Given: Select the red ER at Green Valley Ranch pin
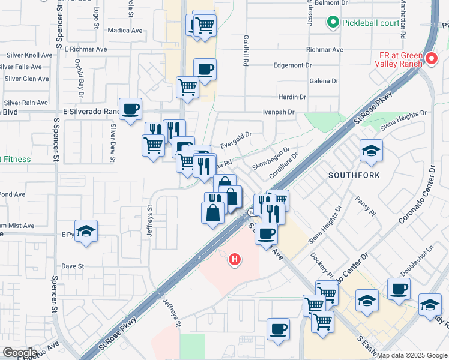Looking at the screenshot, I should point(432,58).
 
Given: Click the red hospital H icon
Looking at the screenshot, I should point(235,260).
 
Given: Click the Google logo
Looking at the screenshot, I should point(19,353).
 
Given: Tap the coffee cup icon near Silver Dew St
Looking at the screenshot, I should point(130,109).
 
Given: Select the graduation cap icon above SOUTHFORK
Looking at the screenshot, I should point(371,150).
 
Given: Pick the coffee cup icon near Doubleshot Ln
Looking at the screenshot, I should point(399,289).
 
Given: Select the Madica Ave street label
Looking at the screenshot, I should point(125,31).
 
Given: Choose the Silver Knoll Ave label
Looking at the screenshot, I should point(30,55).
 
